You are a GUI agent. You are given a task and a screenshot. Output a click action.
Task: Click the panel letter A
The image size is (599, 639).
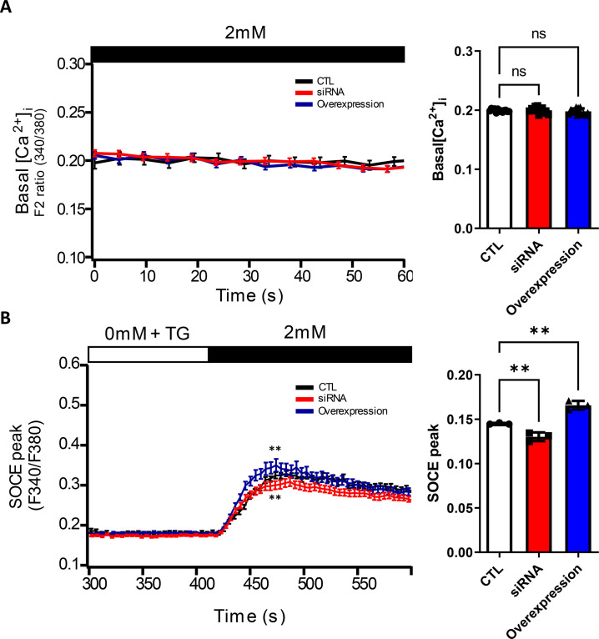[x=8, y=9]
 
